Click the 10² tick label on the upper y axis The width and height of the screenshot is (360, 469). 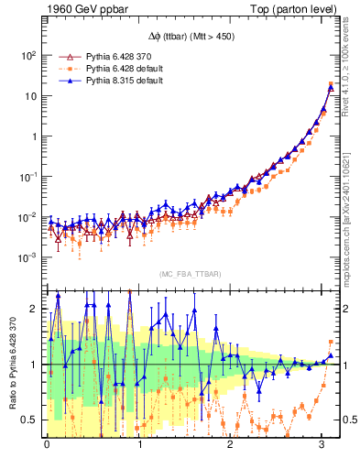pyautogui.click(x=27, y=55)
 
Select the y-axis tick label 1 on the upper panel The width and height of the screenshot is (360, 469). pyautogui.click(x=32, y=136)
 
